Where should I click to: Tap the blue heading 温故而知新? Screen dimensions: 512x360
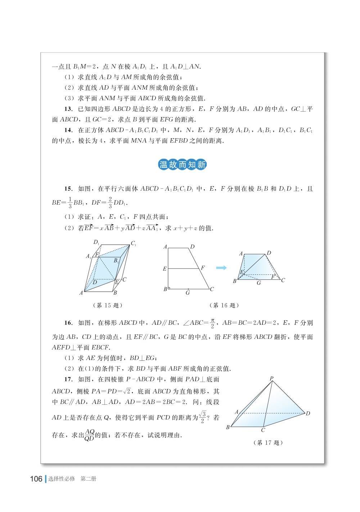coord(183,165)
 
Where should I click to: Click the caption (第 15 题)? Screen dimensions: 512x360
coord(108,305)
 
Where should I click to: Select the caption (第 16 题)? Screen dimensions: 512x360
coord(224,305)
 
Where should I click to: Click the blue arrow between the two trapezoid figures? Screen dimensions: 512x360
coord(221,268)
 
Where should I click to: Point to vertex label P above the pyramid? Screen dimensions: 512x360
coord(271,378)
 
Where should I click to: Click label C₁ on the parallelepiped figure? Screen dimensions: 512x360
coord(133,244)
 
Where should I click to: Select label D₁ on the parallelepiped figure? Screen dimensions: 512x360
coord(96,242)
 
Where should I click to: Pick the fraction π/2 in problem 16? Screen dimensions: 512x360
coord(212,323)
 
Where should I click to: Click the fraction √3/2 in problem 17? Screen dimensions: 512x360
coord(203,418)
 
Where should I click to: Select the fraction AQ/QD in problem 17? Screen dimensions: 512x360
coord(89,435)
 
